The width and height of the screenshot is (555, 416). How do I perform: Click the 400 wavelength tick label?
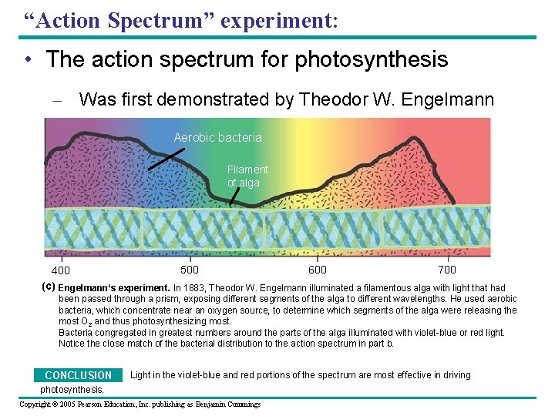coord(60,270)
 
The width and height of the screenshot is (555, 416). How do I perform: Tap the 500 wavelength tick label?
coord(190,270)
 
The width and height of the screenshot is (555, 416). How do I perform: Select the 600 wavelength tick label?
coord(317,270)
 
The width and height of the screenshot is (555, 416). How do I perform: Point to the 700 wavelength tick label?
coord(447,270)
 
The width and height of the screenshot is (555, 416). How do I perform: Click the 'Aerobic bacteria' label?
coord(217,138)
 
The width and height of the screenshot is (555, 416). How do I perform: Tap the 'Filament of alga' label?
coord(247,176)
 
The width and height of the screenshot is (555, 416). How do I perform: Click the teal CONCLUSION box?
coord(78,375)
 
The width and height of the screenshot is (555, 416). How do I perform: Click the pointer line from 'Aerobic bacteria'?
coord(166,159)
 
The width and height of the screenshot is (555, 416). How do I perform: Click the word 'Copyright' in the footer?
coord(36,404)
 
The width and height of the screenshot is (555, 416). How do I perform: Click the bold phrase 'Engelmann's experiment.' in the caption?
coord(114,288)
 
